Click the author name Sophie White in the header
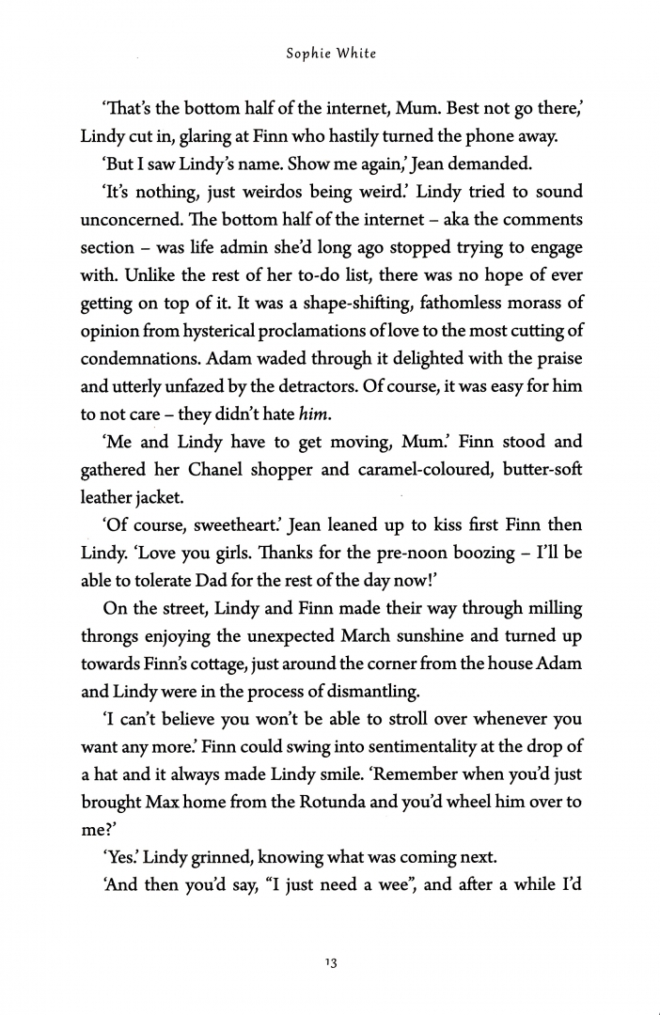point(330,54)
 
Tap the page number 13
point(330,963)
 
